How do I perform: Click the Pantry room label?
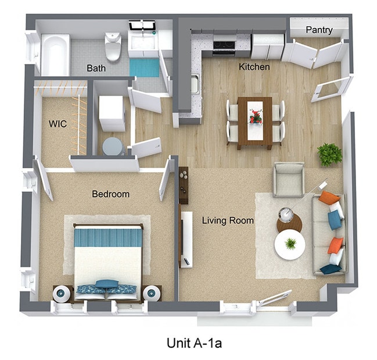tap(319, 30)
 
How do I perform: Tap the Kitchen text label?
tap(254, 67)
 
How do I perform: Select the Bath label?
tap(96, 68)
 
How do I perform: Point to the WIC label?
tap(58, 123)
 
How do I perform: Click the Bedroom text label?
tap(110, 194)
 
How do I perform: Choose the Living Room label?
tap(228, 220)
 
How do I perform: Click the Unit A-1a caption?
tap(188, 343)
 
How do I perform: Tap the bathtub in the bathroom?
tap(55, 55)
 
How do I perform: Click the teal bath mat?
tap(143, 66)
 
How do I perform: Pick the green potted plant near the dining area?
tap(329, 155)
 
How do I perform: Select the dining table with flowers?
tap(254, 121)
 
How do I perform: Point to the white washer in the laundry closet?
tap(112, 113)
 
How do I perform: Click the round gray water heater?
tap(112, 146)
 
